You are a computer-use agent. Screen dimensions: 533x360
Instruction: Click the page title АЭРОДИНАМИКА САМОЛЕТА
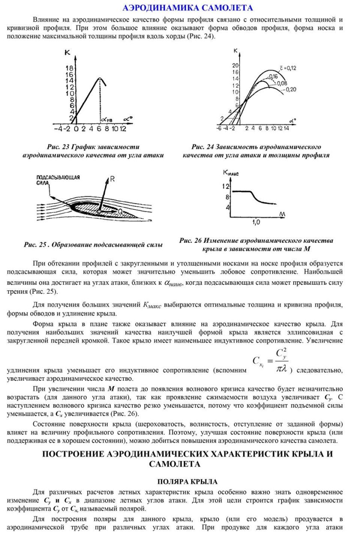coord(187,8)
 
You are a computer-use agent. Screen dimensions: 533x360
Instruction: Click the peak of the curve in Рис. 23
coord(99,78)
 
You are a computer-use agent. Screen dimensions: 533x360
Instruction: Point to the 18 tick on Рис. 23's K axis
coord(69,68)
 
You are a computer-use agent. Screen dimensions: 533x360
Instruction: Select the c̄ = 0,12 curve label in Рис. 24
coord(285,68)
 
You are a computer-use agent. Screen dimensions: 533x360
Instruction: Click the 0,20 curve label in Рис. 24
coord(290,89)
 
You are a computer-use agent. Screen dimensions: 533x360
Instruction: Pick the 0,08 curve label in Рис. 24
coord(282,83)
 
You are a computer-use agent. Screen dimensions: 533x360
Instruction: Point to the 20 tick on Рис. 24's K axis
coord(234,66)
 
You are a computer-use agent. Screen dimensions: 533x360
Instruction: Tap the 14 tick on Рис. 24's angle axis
coord(286,128)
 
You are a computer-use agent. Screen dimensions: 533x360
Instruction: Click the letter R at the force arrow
coord(112,180)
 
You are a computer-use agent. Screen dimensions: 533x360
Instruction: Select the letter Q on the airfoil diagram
coord(121,211)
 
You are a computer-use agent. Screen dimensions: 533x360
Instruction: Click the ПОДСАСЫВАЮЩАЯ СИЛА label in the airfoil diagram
coord(51,179)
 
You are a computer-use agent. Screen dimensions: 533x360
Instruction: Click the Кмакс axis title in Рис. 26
coord(231,173)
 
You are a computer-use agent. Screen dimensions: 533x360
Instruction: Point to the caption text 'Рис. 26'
coord(191,241)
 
